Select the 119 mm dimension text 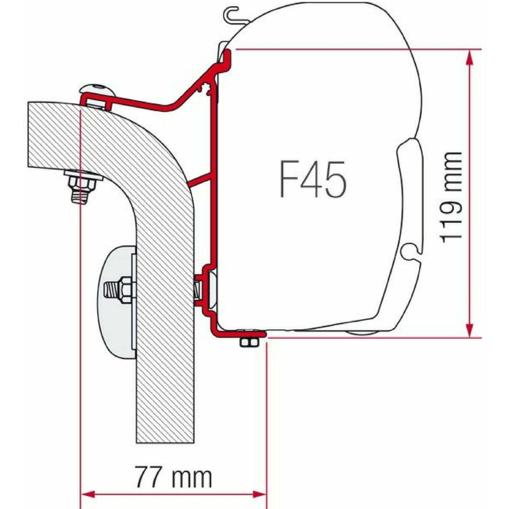[451, 198]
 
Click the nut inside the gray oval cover [125, 290]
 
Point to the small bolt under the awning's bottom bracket [248, 342]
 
